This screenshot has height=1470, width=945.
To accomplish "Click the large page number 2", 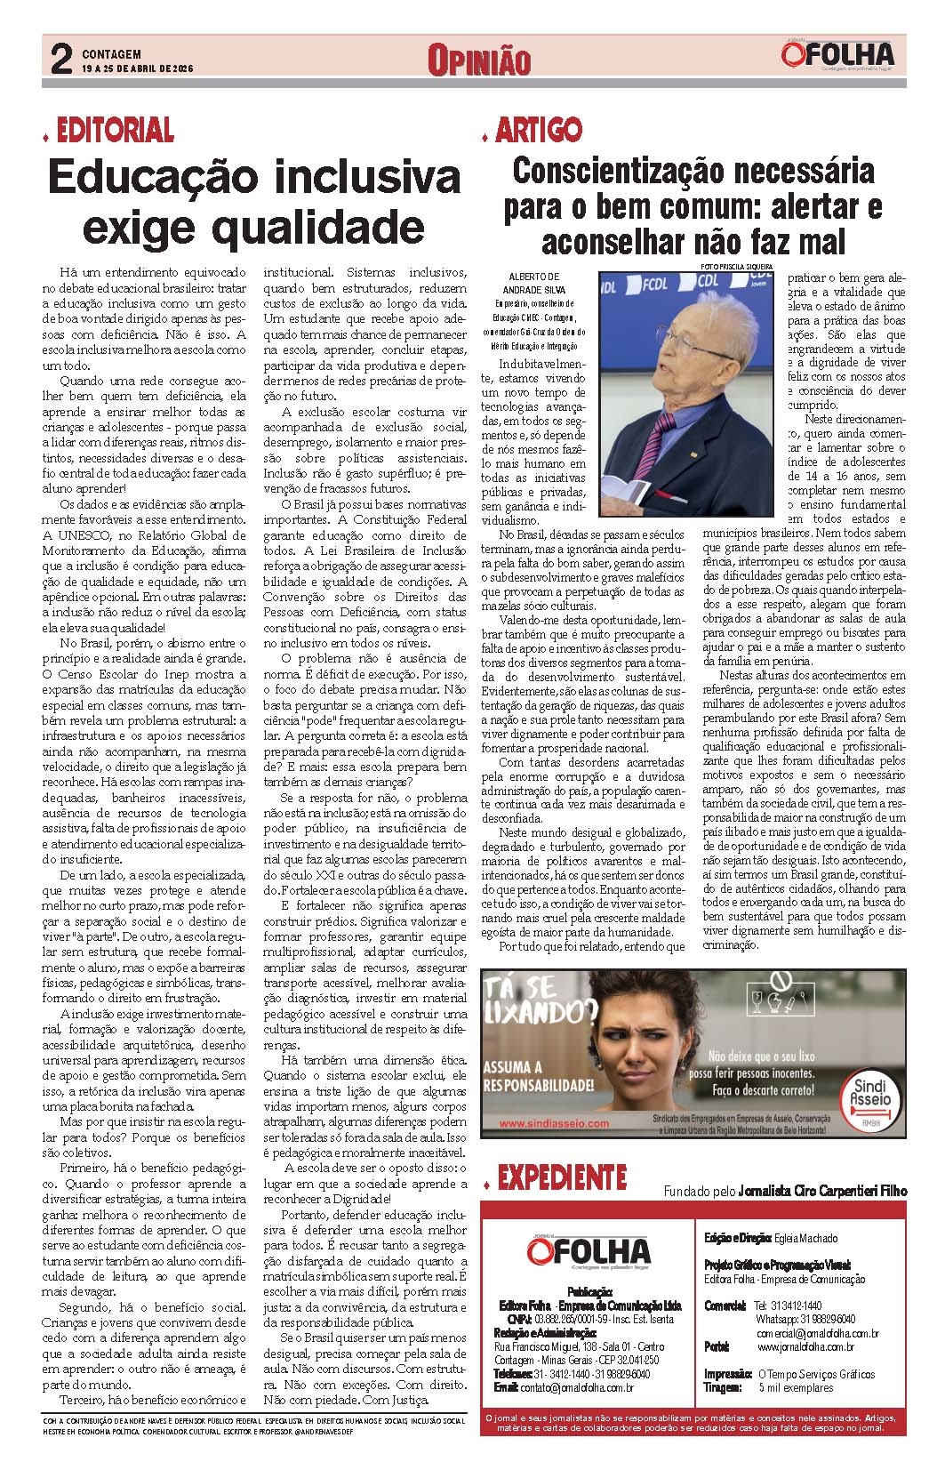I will [x=60, y=60].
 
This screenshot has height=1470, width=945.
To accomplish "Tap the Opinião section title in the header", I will [x=479, y=61].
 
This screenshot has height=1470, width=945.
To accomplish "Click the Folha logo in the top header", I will [x=838, y=56].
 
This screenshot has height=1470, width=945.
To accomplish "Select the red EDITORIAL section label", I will [x=114, y=131].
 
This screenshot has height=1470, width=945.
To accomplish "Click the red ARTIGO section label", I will [x=538, y=131].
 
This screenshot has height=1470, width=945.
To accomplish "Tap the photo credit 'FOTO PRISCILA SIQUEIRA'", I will [x=735, y=266].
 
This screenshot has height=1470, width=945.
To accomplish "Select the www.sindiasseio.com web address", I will [x=555, y=1123].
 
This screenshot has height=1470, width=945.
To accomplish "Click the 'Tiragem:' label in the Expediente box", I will [x=722, y=1386].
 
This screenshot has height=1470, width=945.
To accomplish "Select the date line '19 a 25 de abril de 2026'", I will [x=137, y=68].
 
